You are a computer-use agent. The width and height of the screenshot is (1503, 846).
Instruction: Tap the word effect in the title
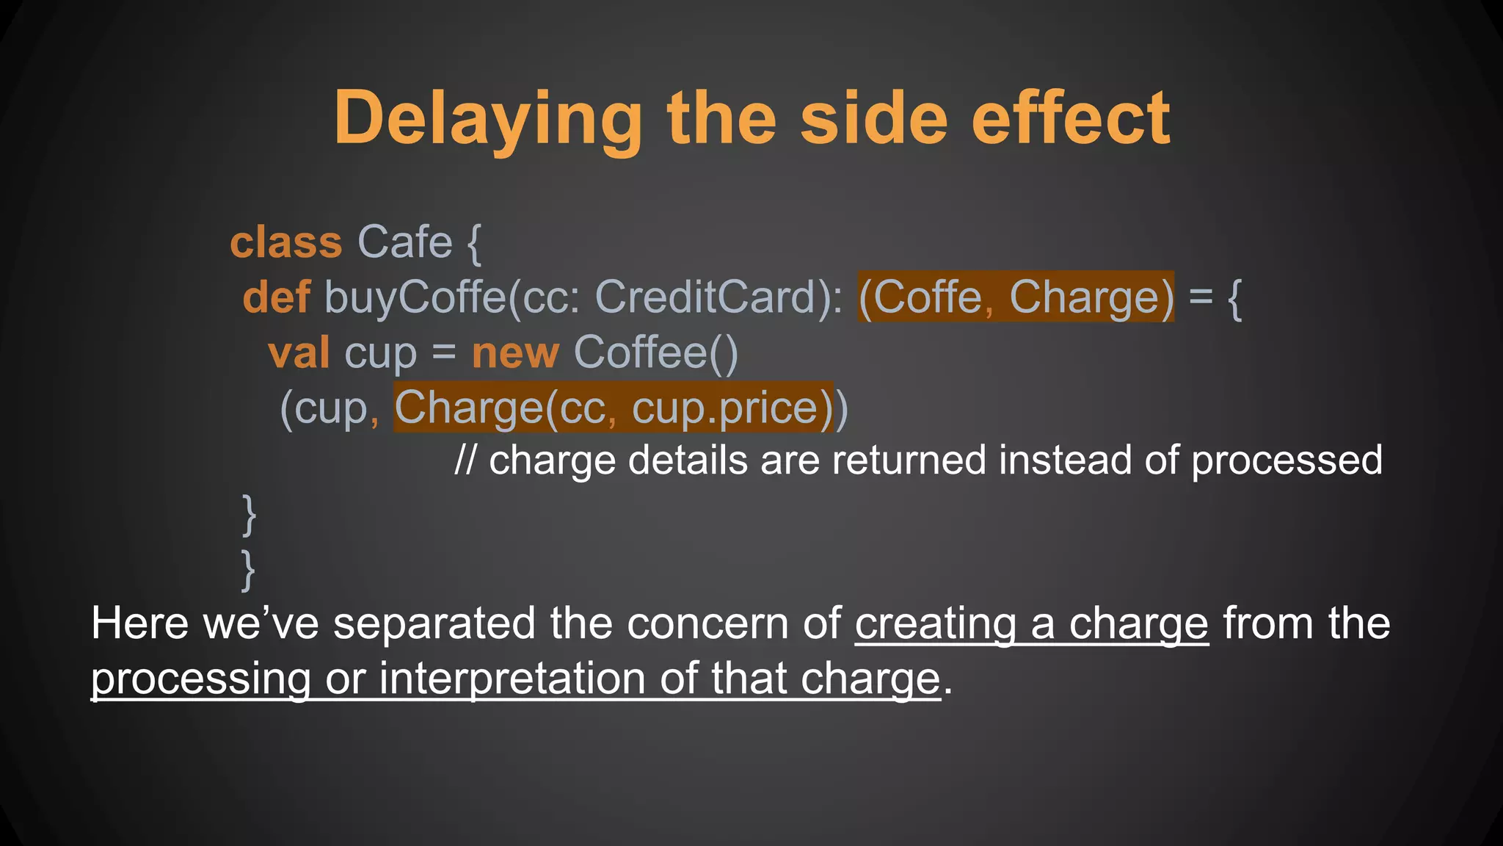click(x=1071, y=119)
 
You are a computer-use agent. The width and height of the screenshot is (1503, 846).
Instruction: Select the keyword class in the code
click(x=286, y=242)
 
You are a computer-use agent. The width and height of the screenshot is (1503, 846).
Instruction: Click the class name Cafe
click(x=404, y=242)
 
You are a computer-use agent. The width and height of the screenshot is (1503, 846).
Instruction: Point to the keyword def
click(x=277, y=297)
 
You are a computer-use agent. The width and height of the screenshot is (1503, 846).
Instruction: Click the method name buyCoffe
click(x=415, y=297)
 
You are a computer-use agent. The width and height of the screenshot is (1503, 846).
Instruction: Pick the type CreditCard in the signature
click(x=705, y=297)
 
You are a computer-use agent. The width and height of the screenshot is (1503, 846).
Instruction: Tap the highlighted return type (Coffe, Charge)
click(x=1016, y=297)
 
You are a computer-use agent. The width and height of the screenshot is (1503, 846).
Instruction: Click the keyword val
click(x=299, y=352)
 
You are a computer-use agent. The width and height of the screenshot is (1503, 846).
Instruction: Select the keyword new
click(x=515, y=352)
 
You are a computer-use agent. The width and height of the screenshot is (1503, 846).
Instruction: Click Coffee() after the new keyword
click(x=655, y=352)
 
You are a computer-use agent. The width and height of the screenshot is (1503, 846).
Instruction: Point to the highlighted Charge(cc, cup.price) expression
click(x=614, y=408)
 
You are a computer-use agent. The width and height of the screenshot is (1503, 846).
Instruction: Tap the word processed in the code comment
click(x=1287, y=460)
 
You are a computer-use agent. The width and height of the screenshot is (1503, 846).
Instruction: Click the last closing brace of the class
click(x=249, y=571)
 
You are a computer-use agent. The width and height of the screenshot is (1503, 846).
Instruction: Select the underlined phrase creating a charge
click(x=1031, y=624)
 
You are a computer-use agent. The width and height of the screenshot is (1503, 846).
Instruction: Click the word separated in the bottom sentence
click(x=434, y=624)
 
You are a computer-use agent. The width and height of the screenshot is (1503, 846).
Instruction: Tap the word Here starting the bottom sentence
click(x=139, y=624)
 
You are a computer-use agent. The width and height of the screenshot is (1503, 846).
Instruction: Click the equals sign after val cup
click(x=444, y=352)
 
